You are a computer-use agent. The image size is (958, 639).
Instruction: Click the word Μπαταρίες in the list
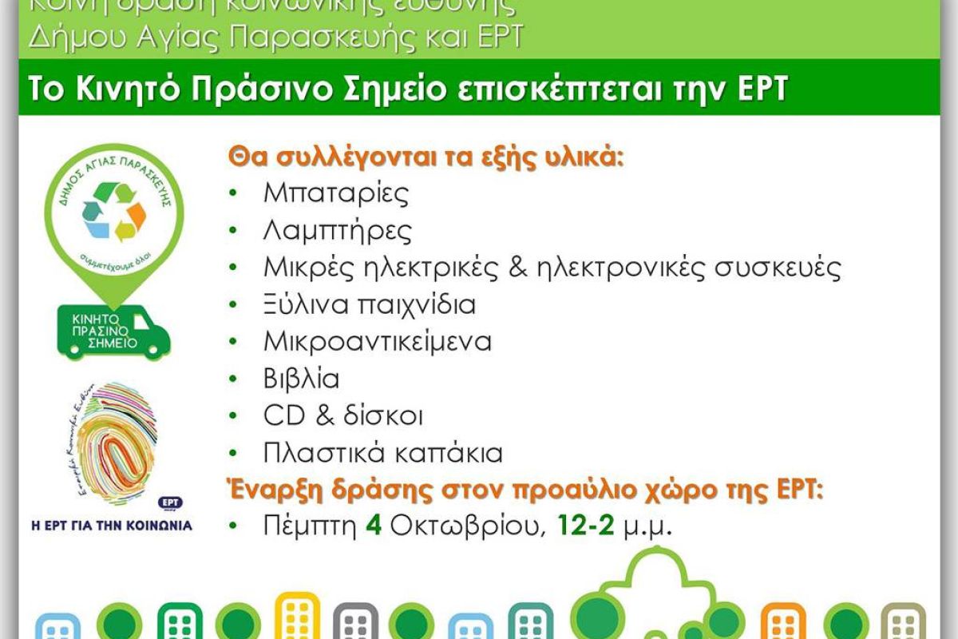click(335, 194)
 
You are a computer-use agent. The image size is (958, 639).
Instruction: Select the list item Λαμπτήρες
click(337, 232)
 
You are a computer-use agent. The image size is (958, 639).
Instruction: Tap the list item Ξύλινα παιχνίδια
click(369, 304)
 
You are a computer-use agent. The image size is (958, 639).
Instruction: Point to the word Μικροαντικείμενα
click(377, 342)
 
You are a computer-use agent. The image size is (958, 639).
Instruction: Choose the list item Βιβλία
click(301, 379)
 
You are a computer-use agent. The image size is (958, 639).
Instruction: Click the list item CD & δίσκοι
click(342, 416)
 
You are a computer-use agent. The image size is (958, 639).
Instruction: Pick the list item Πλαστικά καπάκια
click(382, 454)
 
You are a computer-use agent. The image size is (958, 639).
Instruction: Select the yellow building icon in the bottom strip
click(297, 619)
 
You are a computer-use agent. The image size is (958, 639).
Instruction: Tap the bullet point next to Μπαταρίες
click(233, 194)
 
